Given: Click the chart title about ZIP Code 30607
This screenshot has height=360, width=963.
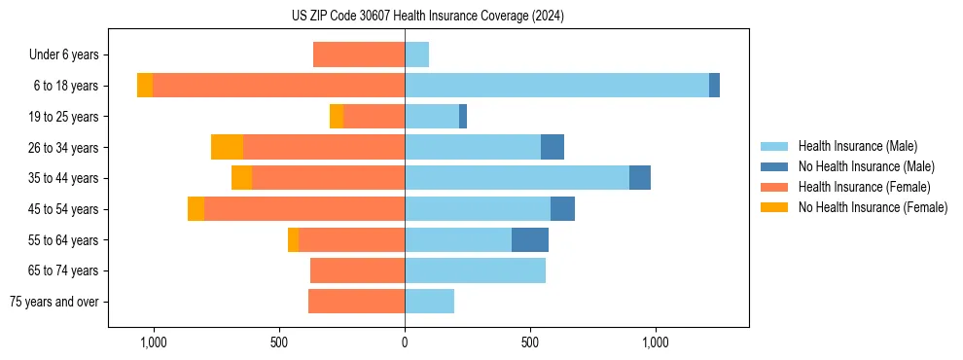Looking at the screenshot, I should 427,17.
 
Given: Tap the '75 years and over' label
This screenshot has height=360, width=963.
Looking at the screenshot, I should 54,302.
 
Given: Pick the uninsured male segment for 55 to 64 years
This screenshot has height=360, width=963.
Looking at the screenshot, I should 530,239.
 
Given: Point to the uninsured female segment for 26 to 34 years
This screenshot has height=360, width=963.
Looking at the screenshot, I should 227,147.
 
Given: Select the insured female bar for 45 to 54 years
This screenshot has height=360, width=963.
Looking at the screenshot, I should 304,209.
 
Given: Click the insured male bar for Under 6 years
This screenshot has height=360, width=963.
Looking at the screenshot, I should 416,54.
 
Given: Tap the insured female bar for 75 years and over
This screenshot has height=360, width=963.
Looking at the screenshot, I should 356,302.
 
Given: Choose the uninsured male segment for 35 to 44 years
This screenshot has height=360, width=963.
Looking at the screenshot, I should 640,178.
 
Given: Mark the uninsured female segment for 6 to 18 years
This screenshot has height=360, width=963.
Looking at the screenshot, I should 145,86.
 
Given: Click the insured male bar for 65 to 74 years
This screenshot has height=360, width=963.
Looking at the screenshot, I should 475,270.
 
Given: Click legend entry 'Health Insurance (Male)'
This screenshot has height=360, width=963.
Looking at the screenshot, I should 857,146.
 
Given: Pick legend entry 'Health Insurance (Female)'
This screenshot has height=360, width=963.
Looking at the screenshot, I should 864,187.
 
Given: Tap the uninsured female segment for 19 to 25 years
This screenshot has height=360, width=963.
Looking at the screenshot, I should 337,117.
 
